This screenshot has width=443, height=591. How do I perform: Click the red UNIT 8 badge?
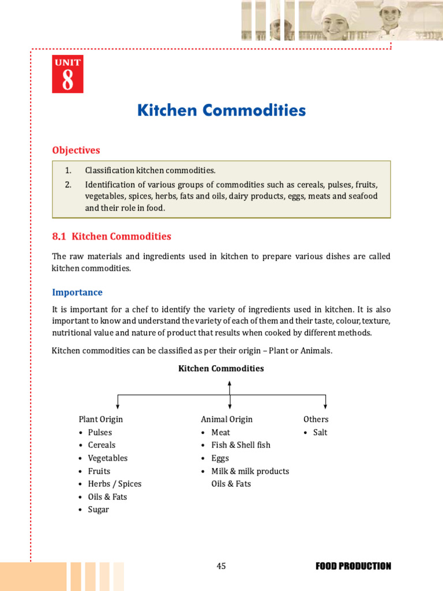click(x=67, y=74)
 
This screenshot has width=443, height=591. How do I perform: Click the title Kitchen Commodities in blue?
click(x=221, y=110)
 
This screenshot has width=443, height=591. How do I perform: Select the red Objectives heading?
click(x=76, y=150)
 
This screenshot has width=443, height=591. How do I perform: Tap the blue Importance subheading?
click(x=77, y=292)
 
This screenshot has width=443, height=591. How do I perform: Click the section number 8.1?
click(x=60, y=236)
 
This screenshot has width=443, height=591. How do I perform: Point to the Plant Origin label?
click(x=101, y=419)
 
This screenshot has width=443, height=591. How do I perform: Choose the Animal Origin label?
click(x=227, y=419)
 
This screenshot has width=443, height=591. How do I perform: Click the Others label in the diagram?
click(x=316, y=419)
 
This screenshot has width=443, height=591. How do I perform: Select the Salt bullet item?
click(x=320, y=432)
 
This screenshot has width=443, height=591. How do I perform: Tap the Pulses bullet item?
click(x=100, y=432)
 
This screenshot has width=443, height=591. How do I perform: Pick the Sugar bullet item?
click(x=99, y=510)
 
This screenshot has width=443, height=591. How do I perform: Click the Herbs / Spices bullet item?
click(x=114, y=484)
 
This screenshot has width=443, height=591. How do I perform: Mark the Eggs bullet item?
click(x=220, y=458)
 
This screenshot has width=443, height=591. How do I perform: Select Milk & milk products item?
click(x=250, y=471)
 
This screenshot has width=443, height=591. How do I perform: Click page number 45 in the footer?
click(x=221, y=566)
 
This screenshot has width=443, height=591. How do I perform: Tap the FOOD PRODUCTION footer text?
click(x=353, y=566)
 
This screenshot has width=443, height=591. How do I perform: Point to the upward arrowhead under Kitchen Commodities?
click(x=230, y=383)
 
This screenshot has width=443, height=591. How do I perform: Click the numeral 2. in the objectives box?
click(x=68, y=185)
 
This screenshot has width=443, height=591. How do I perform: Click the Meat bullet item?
click(x=221, y=432)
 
